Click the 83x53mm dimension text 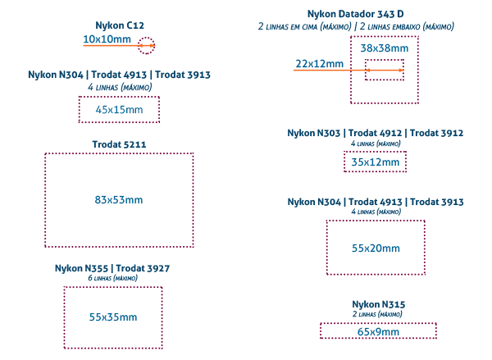pos(119,199)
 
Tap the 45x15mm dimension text pos(119,109)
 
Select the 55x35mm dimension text pos(113,317)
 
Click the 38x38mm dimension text pos(384,48)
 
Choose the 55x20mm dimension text pos(376,248)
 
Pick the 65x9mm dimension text pos(378,332)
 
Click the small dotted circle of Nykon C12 pos(146,45)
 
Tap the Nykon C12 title pos(120,26)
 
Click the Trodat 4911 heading pos(120,144)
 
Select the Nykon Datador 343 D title pos(356,15)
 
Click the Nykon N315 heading pos(378,304)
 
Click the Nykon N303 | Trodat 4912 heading pos(376,133)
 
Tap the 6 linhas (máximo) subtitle pos(112,278)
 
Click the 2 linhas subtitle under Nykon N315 pos(378,313)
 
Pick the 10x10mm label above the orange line pos(106,38)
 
